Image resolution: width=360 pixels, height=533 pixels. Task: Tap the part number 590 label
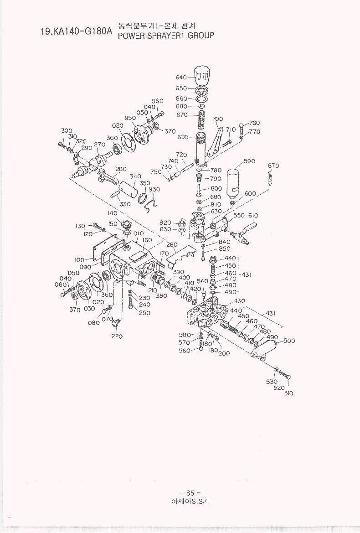pyautogui.click(x=250, y=161)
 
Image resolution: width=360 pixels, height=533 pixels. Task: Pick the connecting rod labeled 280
pyautogui.click(x=108, y=177)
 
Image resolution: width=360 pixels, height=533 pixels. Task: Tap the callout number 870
pyautogui.click(x=273, y=166)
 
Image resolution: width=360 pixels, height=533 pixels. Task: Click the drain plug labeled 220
pyautogui.click(x=117, y=323)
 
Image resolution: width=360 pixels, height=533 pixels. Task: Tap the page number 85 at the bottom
pyautogui.click(x=190, y=493)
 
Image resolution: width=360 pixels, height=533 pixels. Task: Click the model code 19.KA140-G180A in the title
pyautogui.click(x=76, y=32)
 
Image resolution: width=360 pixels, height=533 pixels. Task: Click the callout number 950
pyautogui.click(x=130, y=118)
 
